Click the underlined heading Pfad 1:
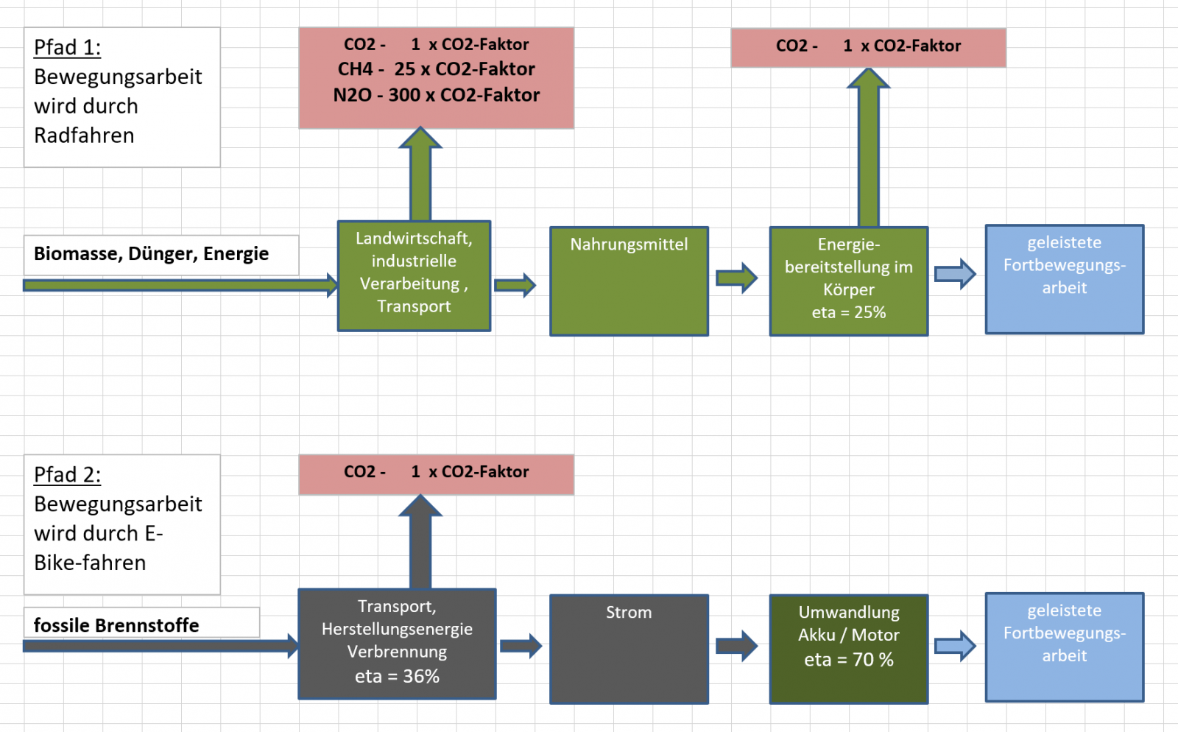coord(67,48)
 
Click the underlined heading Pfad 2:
coord(67,475)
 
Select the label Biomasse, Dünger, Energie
coord(151,254)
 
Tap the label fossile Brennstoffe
coord(116,625)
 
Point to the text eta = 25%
coord(849,312)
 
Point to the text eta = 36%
coord(397,676)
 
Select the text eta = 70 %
coord(849,660)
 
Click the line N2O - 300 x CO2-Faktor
coord(437,95)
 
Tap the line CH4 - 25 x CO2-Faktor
coord(437,69)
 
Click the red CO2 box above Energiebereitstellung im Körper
coord(868,47)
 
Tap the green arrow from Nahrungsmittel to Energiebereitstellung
coord(736,278)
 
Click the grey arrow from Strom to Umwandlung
coord(736,646)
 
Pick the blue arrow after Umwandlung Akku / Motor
coord(955,646)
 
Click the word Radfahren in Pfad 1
coord(84,136)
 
